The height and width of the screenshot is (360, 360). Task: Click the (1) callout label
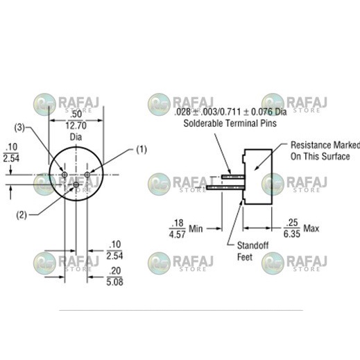click(x=142, y=149)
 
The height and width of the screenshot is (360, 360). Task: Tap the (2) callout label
click(x=21, y=214)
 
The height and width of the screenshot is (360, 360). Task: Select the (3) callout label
click(x=21, y=128)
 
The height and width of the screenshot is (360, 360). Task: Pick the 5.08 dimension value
click(x=115, y=282)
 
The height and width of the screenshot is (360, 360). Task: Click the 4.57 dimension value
click(x=178, y=234)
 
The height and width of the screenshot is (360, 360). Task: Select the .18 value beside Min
click(x=178, y=223)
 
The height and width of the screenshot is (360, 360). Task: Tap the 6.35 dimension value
click(x=293, y=234)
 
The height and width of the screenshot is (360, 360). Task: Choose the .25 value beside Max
click(x=293, y=223)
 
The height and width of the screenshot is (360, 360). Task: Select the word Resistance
click(x=311, y=145)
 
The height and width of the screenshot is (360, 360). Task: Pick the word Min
click(x=196, y=228)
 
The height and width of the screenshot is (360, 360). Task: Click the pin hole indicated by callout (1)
click(x=87, y=173)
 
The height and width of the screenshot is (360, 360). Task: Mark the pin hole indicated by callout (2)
click(x=76, y=185)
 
